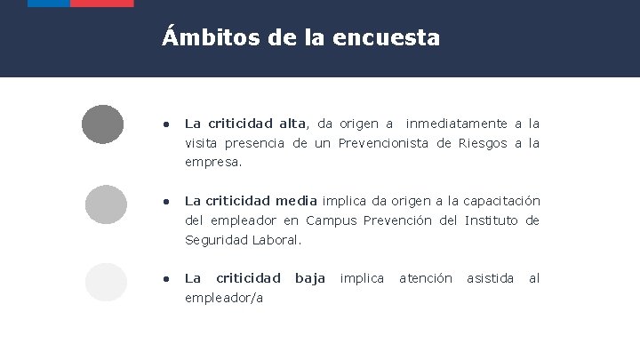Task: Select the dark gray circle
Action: [102, 124]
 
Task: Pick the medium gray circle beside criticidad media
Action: [106, 204]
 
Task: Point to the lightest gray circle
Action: [106, 283]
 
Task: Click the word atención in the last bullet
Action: [425, 279]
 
